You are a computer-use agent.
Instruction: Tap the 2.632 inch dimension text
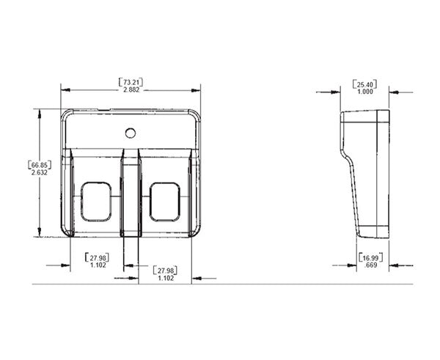pos(40,173)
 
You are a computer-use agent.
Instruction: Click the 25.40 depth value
pos(364,84)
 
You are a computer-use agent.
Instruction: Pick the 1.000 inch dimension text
pos(364,92)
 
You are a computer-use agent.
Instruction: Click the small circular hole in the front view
pos(130,133)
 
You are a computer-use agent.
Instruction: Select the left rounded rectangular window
pos(97,202)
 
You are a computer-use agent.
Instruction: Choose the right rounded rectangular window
pos(164,202)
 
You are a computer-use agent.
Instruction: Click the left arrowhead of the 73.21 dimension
pos(65,90)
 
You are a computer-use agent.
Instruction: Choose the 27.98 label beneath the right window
pos(164,274)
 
